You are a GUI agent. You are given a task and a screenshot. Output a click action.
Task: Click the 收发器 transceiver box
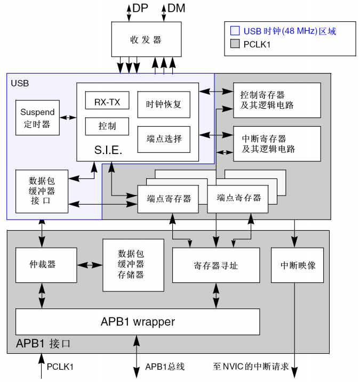[146, 39]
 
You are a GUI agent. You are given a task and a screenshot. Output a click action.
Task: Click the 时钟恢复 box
[164, 104]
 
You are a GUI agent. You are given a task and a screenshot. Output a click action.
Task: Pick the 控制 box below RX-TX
[107, 126]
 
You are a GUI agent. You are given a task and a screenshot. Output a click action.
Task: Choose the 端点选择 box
[164, 139]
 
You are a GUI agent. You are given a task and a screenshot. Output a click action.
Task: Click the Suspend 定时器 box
[37, 118]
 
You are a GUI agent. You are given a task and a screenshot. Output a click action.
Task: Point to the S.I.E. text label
[108, 150]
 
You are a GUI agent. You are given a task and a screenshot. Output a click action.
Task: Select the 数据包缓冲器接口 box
[42, 191]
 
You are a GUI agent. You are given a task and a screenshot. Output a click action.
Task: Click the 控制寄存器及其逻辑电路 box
[277, 100]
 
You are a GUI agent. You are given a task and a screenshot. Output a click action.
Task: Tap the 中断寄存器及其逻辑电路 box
[277, 144]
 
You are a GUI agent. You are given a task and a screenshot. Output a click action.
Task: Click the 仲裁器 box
[46, 265]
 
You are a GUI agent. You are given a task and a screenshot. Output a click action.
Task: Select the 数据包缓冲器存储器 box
[133, 265]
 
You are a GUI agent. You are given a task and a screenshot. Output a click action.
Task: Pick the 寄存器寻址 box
[215, 265]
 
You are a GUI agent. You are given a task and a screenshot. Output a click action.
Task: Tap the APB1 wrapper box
[138, 322]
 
